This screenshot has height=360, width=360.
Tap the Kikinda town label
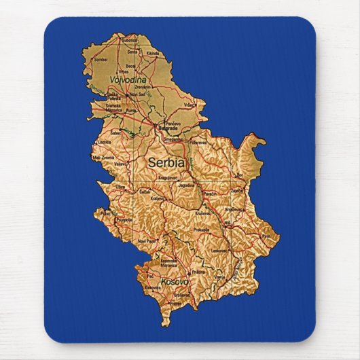[152, 53]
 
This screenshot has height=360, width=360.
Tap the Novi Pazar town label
[147, 240]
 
